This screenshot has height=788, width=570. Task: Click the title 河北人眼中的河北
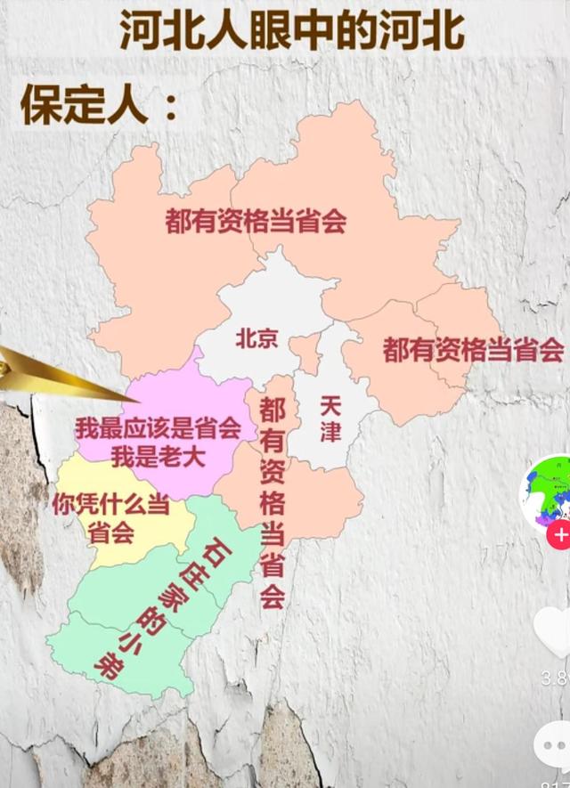pyautogui.click(x=292, y=33)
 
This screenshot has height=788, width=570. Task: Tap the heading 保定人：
pyautogui.click(x=97, y=106)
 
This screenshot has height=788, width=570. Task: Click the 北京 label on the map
pyautogui.click(x=257, y=338)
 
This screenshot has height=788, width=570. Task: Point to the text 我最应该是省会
pyautogui.click(x=159, y=428)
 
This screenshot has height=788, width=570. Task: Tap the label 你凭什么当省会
pyautogui.click(x=111, y=518)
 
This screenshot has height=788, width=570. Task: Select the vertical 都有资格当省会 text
pyautogui.click(x=272, y=503)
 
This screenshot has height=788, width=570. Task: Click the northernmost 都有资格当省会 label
pyautogui.click(x=256, y=220)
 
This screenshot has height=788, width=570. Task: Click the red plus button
pyautogui.click(x=559, y=536)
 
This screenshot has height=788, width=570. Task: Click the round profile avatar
pyautogui.click(x=548, y=492)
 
